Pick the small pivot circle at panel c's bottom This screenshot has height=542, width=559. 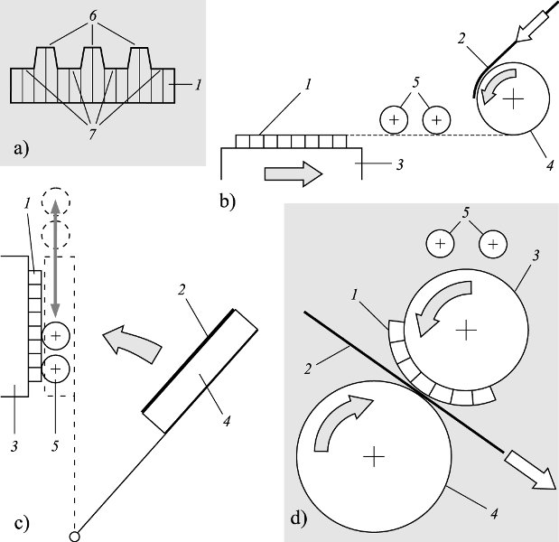(x=73, y=534)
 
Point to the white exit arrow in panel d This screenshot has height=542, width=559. (x=532, y=472)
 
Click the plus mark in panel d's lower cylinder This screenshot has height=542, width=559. (x=372, y=457)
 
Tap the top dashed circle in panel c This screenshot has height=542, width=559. (x=54, y=199)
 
